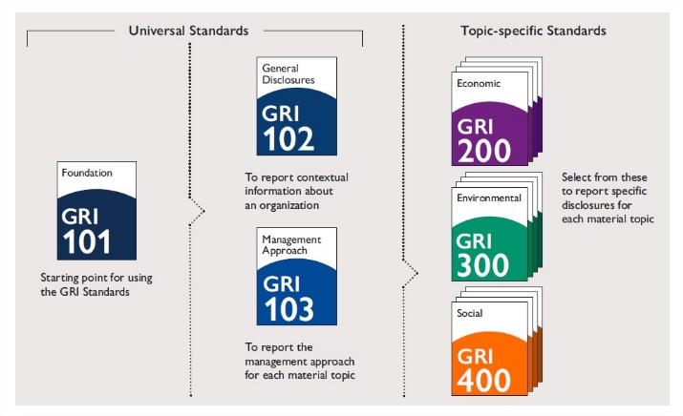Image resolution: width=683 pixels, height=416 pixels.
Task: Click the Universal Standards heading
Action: point(188,31)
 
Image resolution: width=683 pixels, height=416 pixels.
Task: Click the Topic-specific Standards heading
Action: point(533,31)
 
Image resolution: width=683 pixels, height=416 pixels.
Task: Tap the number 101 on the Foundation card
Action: point(86,241)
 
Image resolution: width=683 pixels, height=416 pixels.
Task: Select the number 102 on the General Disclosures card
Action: point(288,138)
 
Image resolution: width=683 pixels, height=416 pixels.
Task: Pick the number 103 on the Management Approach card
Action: point(288,309)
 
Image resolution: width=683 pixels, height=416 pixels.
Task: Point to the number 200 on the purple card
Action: point(484,151)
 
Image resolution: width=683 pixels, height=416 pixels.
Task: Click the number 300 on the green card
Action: point(482,265)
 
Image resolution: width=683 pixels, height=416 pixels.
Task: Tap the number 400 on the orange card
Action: point(483,381)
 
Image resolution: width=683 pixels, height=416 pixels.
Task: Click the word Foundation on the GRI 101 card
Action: point(87,173)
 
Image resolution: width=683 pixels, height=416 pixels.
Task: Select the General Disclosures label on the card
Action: point(288,74)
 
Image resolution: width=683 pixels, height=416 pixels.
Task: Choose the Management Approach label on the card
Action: point(291,245)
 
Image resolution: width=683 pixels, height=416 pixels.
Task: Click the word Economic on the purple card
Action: point(479,83)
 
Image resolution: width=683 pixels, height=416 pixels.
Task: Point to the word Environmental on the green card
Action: point(489,198)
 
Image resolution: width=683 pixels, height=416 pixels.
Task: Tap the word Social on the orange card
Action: point(470,313)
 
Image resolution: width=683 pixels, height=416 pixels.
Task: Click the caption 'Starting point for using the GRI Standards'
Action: point(96,284)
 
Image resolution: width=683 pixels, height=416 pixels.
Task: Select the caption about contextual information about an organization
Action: point(296,191)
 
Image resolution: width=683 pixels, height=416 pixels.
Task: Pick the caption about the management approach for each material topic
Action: point(300,362)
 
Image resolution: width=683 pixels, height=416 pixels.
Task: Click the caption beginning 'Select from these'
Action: point(608,198)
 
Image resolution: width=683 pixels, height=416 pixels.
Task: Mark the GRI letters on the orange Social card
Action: point(475,357)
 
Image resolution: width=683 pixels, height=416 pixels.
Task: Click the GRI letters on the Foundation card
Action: point(79,217)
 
